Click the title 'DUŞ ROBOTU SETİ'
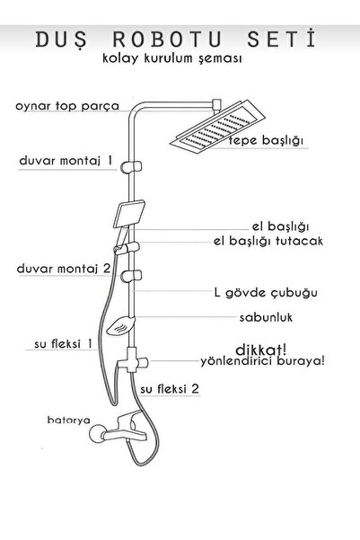(x=176, y=40)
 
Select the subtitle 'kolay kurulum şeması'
(x=172, y=58)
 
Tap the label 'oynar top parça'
(x=67, y=106)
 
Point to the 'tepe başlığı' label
(x=266, y=140)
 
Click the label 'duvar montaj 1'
(x=66, y=161)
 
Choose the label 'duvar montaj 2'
(x=64, y=269)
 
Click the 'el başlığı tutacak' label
(x=268, y=241)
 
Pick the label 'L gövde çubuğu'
(x=266, y=293)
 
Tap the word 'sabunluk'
(x=266, y=317)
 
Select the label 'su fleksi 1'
(x=63, y=344)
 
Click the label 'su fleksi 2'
(x=170, y=389)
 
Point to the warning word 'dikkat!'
(x=260, y=350)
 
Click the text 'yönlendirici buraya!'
(x=262, y=361)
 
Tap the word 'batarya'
(x=69, y=420)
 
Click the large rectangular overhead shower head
(x=217, y=125)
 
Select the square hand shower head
(x=129, y=214)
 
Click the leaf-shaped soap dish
(x=120, y=326)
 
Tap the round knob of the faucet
(x=96, y=434)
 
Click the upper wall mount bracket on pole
(x=131, y=167)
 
